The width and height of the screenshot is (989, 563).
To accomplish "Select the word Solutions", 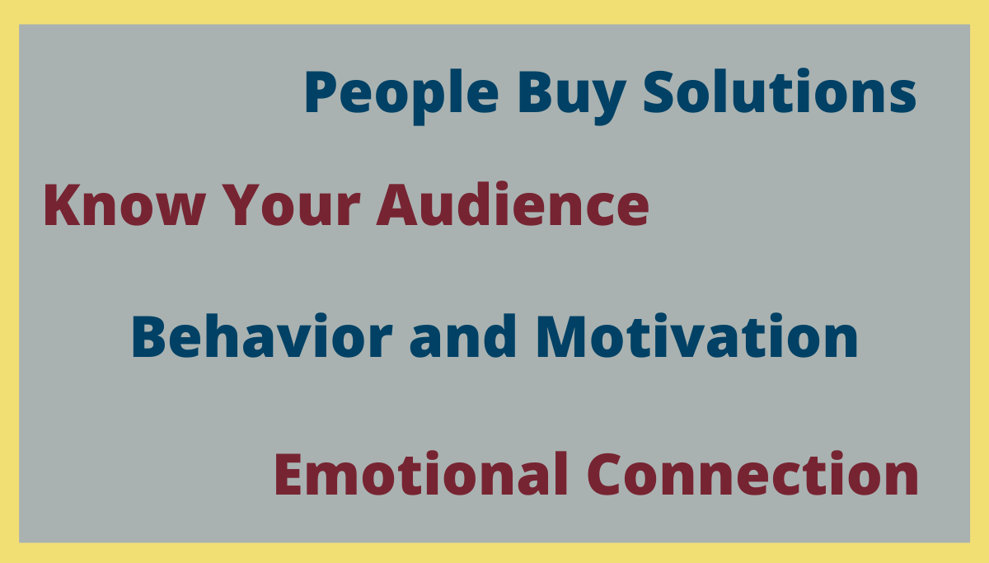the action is tap(780, 91).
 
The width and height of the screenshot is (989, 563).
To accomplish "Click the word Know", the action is tap(125, 205).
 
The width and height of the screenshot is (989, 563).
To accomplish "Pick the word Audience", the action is tap(513, 204).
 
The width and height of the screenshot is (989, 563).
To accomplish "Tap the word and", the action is tap(462, 335).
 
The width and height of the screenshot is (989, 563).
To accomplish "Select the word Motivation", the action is tap(697, 335).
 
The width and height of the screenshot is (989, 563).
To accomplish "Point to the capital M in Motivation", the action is tap(561, 336).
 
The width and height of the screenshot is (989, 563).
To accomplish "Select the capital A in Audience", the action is tap(397, 205).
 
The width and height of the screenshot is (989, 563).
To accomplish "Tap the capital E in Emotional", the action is tap(288, 474).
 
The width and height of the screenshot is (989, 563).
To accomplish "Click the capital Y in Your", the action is tap(242, 205).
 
